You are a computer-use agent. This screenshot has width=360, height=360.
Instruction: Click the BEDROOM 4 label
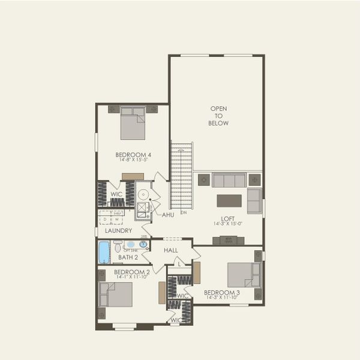click(133, 155)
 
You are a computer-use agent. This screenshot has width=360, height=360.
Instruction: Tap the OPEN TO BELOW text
click(219, 116)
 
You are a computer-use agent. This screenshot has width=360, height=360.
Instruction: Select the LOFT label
click(227, 218)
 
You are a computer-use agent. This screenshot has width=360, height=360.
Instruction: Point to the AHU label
click(168, 214)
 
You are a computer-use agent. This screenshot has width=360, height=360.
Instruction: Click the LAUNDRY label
click(118, 230)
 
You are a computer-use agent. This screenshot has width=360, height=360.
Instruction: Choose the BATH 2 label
click(128, 257)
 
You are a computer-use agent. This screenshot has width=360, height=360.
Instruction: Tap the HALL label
click(171, 250)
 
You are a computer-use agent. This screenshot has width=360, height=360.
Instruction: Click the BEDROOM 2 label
click(131, 272)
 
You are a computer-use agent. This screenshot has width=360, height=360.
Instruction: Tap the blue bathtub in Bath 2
click(104, 252)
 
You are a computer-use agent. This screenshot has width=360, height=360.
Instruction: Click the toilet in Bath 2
click(118, 246)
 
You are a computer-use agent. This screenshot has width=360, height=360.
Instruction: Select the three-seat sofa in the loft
click(229, 180)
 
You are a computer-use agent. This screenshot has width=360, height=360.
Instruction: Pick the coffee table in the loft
click(229, 200)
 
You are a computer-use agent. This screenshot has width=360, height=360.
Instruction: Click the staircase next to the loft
click(182, 175)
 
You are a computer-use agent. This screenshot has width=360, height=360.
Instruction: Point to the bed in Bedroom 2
click(116, 295)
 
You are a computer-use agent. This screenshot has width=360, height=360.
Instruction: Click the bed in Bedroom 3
click(244, 275)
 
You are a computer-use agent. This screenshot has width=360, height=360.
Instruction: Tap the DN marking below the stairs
click(184, 212)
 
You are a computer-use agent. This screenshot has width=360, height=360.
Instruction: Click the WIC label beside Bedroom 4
click(116, 194)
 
